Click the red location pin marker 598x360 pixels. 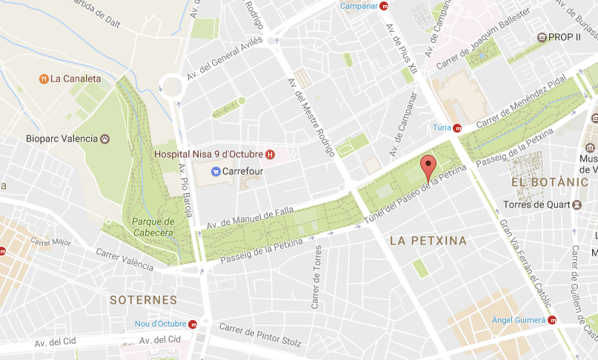point(428,167)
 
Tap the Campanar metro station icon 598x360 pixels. point(384,7)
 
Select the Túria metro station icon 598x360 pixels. point(457,127)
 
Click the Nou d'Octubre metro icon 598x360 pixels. point(193,324)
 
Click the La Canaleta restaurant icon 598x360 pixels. point(44,78)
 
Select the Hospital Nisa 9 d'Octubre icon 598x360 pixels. point(270,154)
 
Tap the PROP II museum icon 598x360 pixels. point(542,36)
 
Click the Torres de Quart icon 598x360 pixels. point(576,204)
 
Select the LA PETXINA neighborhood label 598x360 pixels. point(428,241)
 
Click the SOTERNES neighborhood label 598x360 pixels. point(143,300)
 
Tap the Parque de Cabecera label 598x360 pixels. point(153,227)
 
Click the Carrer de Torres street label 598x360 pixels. point(316,277)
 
